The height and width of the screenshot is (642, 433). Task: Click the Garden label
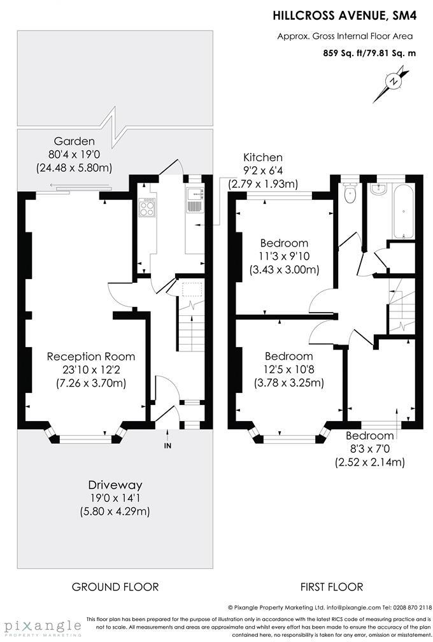point(74,141)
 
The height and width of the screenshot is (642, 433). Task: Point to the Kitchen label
point(262,157)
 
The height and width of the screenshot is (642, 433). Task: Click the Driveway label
point(115,485)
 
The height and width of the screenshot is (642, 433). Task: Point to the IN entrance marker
point(167,446)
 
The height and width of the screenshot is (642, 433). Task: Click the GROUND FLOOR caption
point(115,587)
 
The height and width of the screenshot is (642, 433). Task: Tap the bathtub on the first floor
point(403,211)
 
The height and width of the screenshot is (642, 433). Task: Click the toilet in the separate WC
point(350,194)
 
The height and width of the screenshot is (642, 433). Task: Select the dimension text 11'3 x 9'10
point(284,256)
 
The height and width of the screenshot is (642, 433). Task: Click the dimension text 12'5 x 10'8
point(288,369)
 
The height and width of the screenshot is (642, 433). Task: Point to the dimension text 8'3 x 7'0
point(370,449)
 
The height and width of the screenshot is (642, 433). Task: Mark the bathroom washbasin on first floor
point(378,189)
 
